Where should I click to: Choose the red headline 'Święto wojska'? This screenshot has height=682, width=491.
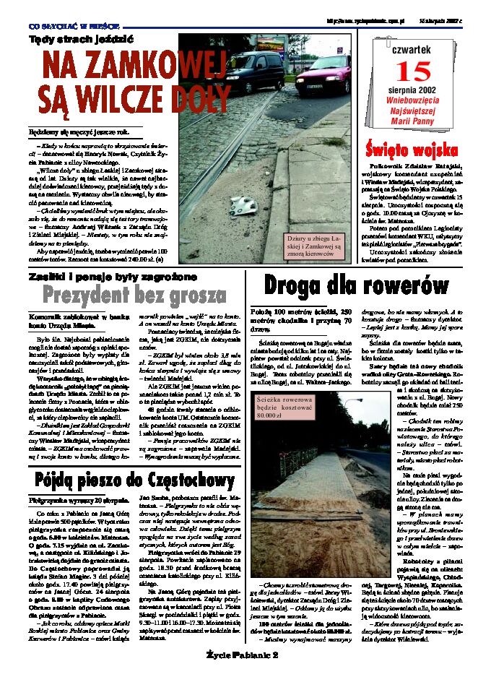(x=411, y=150)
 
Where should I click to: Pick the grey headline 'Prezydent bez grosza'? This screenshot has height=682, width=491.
(x=134, y=295)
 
